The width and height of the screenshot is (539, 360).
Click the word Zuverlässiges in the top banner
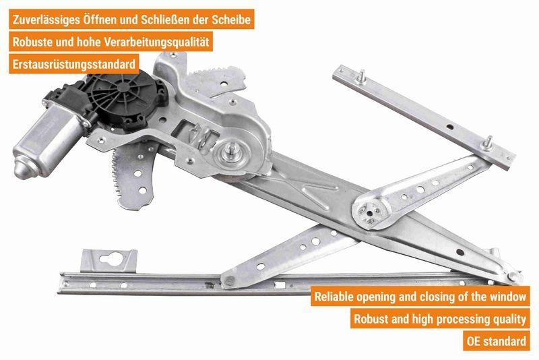[46, 20]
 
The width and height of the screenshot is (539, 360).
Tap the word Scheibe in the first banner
[231, 20]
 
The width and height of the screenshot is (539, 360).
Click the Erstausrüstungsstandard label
[74, 64]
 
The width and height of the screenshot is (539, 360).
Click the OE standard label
[496, 341]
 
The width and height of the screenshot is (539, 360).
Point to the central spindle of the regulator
[232, 152]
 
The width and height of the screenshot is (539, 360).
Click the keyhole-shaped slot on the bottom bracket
[110, 259]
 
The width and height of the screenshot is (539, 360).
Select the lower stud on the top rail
[487, 143]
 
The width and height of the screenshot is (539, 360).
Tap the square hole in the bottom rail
[280, 285]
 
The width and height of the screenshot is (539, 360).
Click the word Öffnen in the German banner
[100, 20]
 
